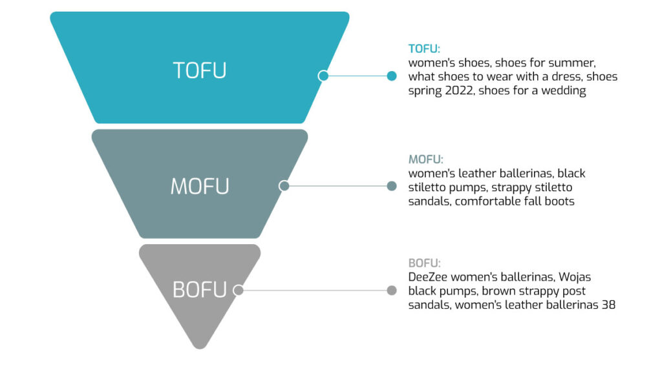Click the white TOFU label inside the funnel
(200, 70)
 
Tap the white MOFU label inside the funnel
(200, 187)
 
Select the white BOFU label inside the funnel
(200, 290)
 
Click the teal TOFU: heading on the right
(424, 49)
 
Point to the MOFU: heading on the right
(425, 160)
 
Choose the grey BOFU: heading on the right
(424, 263)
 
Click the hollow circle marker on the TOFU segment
(323, 76)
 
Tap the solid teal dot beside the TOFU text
(392, 76)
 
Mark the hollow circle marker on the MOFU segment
(284, 186)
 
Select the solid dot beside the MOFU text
(392, 186)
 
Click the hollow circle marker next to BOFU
(239, 290)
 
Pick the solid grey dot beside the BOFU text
(392, 290)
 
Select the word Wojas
(575, 278)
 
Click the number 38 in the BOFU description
(608, 305)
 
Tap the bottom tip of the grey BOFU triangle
(200, 349)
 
